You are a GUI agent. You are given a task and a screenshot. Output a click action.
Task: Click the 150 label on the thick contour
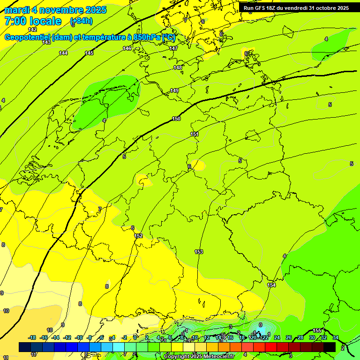pos(176,119)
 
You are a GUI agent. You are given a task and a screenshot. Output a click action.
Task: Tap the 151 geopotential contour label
pos(195,135)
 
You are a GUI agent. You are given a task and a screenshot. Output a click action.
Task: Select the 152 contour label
pos(138,236)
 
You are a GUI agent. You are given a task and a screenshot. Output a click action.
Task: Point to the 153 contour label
pos(199,252)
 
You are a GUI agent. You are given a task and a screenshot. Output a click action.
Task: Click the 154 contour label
pos(271,285)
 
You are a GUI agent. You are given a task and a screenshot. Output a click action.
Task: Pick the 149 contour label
pos(174,90)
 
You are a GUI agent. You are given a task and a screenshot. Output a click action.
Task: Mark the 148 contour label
pos(178,68)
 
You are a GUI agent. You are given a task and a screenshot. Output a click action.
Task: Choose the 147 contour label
pos(173,49)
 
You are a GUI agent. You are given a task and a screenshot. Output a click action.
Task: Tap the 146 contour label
pos(127,48)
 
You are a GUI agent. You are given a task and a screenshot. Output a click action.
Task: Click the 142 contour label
pos(32,30)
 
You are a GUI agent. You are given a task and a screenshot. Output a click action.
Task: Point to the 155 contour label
pos(317,331)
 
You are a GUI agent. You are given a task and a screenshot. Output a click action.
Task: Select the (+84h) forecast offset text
pos(81,21)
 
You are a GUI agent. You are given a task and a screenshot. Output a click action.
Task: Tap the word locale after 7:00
pos(45,21)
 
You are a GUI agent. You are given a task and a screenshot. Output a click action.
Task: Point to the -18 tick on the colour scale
pos(32,337)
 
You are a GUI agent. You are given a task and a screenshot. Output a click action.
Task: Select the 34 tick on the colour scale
pos(336,337)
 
